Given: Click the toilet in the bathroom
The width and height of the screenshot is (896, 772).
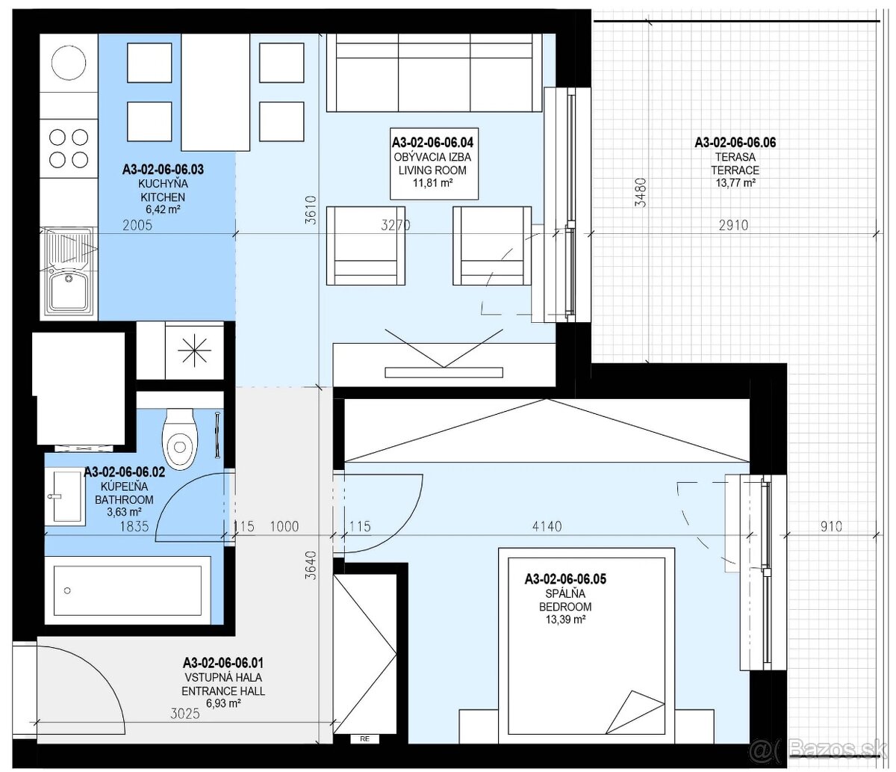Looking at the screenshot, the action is [179, 439].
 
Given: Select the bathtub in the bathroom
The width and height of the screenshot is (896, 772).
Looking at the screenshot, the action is [128, 590].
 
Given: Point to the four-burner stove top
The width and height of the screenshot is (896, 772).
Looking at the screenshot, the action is [69, 149].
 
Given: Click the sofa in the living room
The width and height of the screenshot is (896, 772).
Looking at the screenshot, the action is [435, 73].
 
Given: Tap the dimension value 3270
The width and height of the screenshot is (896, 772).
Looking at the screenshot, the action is [395, 225].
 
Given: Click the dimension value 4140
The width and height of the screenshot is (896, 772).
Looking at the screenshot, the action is [547, 526].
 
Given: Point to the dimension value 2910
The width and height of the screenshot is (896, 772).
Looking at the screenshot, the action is [733, 225].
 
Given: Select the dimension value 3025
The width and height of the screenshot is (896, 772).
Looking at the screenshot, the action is [185, 714].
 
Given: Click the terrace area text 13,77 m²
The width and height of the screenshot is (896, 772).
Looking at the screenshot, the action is [735, 182].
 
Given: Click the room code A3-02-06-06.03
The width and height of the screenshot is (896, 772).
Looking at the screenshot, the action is [163, 169].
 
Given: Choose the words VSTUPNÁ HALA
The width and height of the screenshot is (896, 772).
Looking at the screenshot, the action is [223, 677].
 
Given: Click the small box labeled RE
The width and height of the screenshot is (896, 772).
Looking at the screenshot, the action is [364, 738].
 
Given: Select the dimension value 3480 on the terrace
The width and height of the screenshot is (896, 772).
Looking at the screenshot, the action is [641, 192].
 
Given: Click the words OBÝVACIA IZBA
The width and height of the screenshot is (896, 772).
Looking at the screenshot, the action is [432, 157].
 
